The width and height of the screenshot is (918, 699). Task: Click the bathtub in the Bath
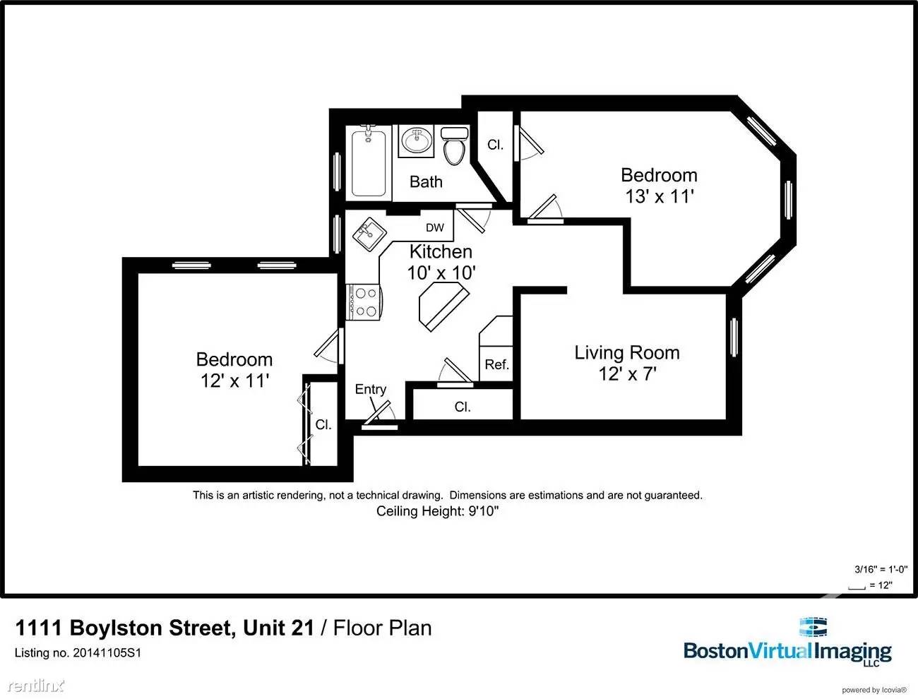369,162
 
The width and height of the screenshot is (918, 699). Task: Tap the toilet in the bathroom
453,146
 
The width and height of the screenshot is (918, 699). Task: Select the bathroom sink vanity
416,141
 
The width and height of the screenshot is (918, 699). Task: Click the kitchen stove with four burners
363,301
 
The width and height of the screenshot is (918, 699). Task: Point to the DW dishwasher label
435,227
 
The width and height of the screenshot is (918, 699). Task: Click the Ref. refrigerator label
496,364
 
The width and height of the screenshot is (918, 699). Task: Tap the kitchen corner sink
368,234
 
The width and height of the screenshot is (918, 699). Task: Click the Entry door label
370,389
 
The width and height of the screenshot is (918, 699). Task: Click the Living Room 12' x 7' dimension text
628,374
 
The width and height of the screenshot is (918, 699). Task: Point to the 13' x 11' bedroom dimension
659,196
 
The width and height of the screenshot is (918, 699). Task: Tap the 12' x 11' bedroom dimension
234,381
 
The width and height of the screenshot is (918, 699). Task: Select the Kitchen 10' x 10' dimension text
441,272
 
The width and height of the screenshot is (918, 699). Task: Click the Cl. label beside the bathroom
495,145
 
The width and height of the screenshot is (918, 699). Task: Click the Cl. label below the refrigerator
463,407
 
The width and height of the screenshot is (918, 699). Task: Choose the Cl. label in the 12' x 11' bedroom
323,424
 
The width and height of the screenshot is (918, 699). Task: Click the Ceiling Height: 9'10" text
437,511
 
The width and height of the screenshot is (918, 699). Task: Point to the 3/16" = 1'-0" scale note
874,569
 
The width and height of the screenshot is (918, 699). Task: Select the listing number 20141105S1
78,653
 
